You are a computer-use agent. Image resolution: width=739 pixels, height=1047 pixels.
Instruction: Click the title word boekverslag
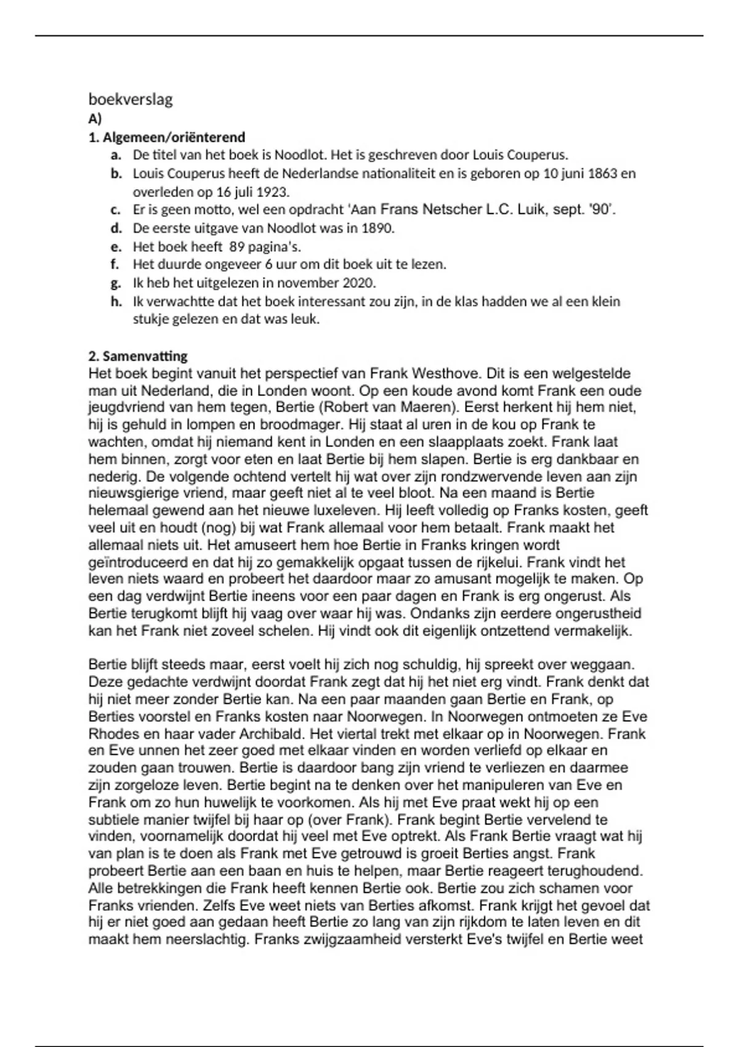tap(131, 99)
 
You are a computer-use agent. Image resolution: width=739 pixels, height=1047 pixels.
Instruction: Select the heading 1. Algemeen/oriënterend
tap(167, 137)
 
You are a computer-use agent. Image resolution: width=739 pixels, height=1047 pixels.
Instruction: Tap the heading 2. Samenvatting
tap(138, 356)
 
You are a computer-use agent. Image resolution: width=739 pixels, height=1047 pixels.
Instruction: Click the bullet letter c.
tap(115, 210)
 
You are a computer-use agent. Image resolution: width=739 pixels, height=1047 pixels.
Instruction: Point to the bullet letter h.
tap(116, 302)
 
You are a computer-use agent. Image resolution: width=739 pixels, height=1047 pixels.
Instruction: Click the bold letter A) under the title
tap(95, 119)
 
